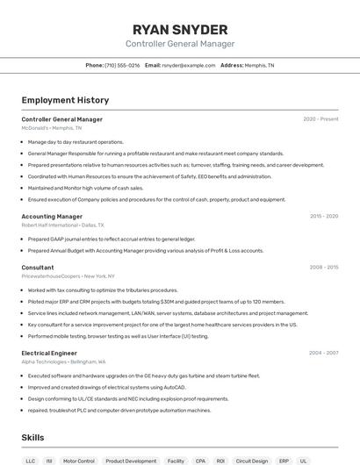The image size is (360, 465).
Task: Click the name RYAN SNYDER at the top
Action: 179,29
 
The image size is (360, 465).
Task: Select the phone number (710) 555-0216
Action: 122,65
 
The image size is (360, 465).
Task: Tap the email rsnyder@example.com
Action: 189,65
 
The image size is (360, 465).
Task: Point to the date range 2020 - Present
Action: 320,119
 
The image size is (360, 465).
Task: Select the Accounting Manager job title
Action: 52,216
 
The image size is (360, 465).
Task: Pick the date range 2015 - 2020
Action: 323,216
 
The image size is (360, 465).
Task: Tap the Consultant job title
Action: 38,267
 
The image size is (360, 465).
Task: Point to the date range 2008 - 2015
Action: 323,267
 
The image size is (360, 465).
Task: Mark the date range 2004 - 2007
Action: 323,353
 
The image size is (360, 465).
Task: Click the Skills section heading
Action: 33,437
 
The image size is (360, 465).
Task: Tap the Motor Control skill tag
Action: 79,461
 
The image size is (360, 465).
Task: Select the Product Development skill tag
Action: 131,461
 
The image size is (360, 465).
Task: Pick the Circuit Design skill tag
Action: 252,461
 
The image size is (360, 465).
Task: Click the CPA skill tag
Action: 200,461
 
